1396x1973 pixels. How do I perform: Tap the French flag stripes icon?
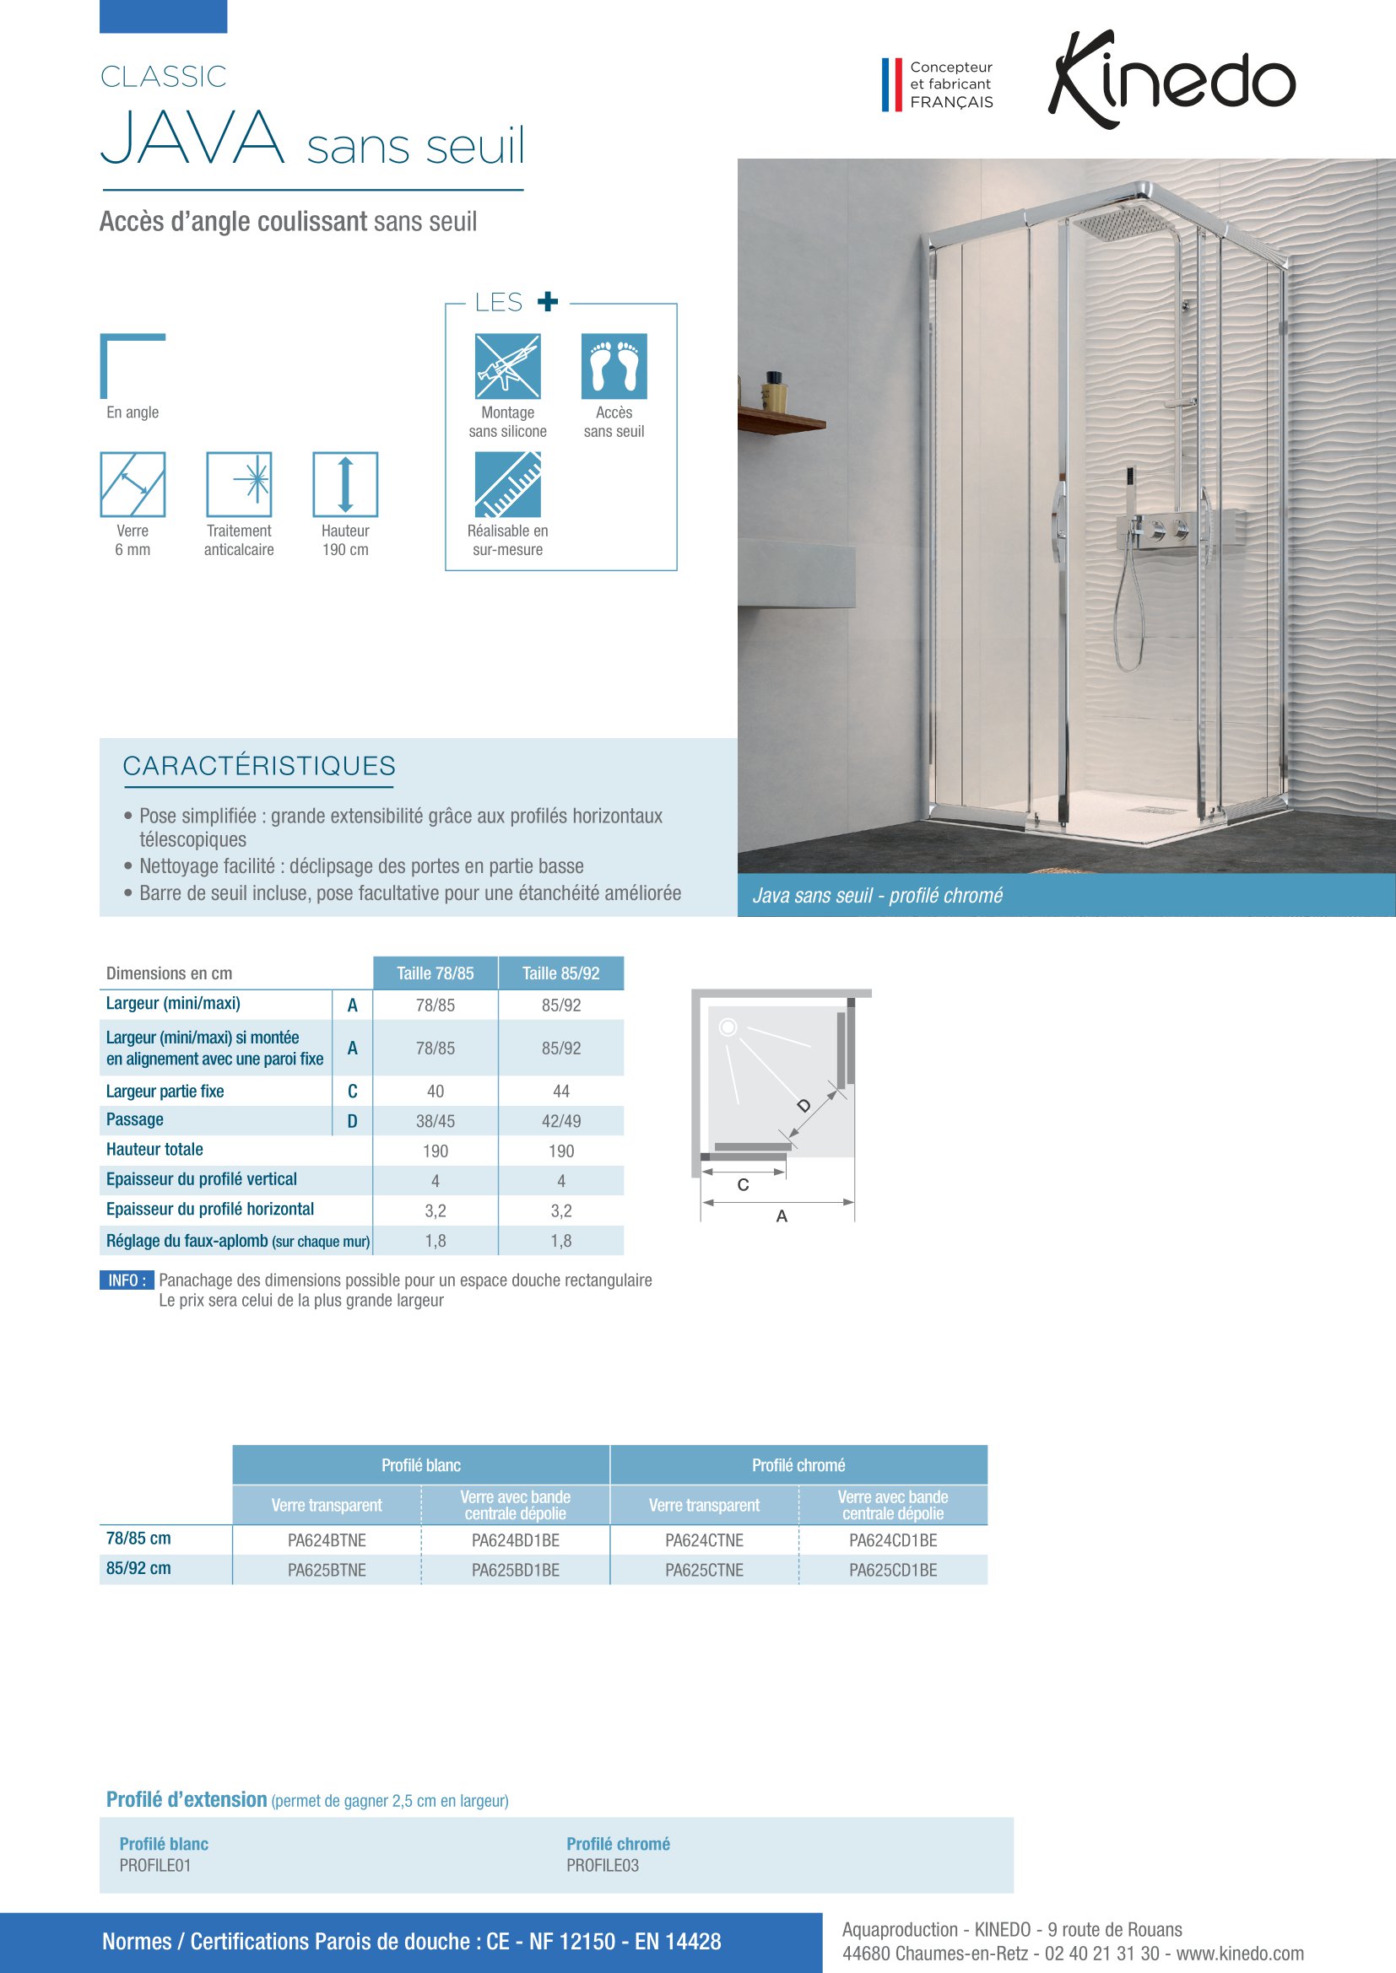click(x=891, y=84)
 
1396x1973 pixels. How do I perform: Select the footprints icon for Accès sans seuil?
click(x=614, y=366)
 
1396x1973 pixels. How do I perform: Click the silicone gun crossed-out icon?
click(x=507, y=366)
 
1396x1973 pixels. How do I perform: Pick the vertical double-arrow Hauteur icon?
click(x=344, y=485)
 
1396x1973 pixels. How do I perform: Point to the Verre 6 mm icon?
click(x=133, y=485)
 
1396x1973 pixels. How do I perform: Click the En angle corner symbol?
click(x=132, y=366)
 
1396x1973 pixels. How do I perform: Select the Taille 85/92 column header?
click(x=560, y=973)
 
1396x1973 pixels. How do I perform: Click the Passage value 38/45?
click(x=435, y=1120)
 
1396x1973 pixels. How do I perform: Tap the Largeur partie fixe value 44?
click(x=560, y=1091)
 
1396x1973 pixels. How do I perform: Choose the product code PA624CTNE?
click(x=704, y=1540)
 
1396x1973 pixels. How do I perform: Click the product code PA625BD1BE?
click(x=515, y=1570)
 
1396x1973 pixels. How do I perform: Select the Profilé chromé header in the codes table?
click(x=798, y=1465)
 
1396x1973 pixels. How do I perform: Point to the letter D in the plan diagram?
click(x=804, y=1105)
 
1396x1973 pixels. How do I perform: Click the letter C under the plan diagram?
click(x=744, y=1185)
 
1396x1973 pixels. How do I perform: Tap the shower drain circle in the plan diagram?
click(x=728, y=1027)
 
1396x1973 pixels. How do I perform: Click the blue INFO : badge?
click(x=127, y=1280)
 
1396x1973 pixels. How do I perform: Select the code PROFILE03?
click(x=602, y=1865)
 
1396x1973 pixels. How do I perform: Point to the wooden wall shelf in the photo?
click(x=781, y=420)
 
